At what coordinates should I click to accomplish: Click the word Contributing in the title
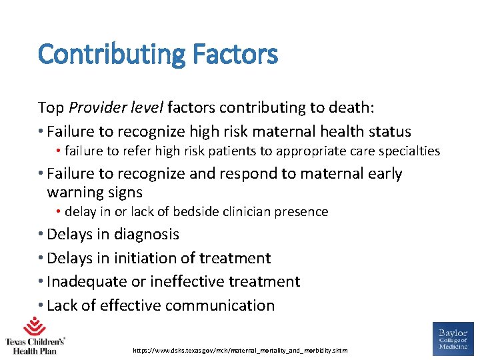click(x=103, y=54)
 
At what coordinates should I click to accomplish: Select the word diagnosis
click(x=147, y=234)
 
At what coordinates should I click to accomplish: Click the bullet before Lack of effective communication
click(x=41, y=305)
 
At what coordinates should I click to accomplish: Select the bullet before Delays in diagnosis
click(x=41, y=234)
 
